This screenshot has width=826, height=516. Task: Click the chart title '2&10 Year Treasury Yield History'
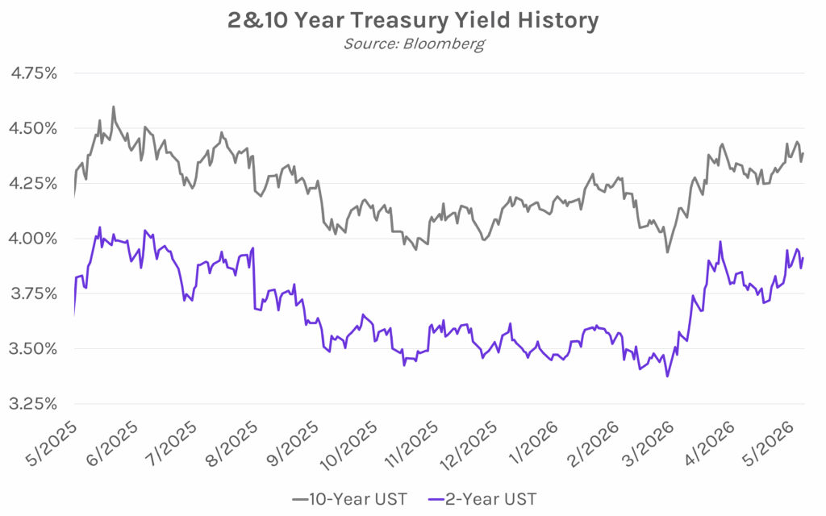413,20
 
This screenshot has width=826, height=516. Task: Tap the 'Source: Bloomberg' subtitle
414,44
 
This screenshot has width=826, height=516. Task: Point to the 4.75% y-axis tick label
34,73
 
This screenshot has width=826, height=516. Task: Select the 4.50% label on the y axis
33,128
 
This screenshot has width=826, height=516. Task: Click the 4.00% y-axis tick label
33,239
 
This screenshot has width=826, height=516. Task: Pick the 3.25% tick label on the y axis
33,404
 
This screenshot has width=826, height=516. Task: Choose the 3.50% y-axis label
33,348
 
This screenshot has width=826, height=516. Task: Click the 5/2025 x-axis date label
52,443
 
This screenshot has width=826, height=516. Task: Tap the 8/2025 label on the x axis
232,443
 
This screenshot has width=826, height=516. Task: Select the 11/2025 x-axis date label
412,445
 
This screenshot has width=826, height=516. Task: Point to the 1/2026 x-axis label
534,443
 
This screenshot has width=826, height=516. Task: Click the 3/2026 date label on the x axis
649,443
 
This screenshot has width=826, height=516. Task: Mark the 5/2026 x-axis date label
769,443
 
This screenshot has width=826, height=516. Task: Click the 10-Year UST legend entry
350,498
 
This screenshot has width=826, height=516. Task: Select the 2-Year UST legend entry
482,498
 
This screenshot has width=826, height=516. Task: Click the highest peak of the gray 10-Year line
113,107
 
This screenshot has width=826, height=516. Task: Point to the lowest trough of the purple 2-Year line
667,376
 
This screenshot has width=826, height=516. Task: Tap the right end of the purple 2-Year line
803,258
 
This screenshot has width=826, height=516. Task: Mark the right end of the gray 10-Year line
803,154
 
